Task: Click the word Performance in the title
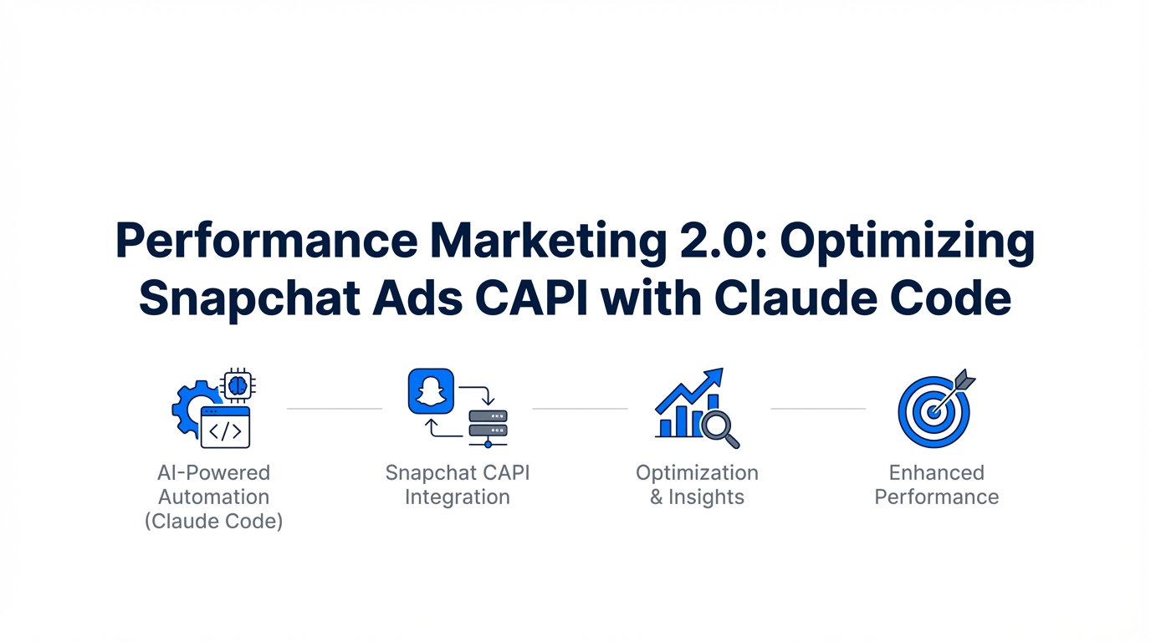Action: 267,240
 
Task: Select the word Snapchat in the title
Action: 249,298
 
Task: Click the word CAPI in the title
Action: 531,298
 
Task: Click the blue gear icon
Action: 192,409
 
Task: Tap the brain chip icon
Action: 238,385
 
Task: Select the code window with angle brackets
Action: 225,427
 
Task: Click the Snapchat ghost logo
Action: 431,391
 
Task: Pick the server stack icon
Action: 488,428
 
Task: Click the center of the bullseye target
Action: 934,411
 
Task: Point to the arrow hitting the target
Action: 954,391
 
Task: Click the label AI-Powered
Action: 214,472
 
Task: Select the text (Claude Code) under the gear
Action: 214,521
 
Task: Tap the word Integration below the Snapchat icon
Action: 458,497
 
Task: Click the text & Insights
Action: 697,497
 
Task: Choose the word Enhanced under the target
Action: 936,472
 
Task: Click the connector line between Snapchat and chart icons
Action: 581,409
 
